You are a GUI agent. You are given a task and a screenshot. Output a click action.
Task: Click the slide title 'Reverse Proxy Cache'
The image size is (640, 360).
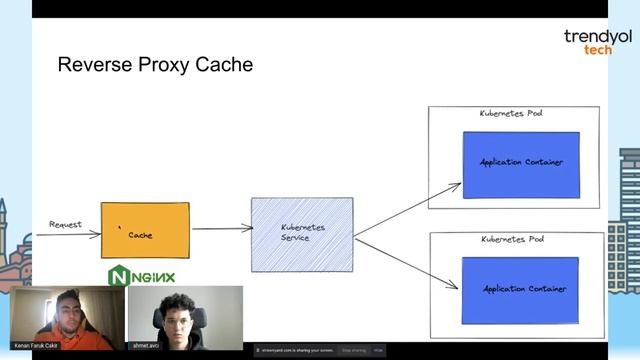pyautogui.click(x=155, y=66)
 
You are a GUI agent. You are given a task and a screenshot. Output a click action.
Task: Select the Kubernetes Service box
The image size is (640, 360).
pyautogui.click(x=301, y=233)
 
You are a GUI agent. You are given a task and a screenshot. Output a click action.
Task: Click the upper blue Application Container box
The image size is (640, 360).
pyautogui.click(x=521, y=163)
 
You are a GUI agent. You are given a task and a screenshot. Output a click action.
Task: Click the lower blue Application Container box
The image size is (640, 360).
pyautogui.click(x=521, y=289)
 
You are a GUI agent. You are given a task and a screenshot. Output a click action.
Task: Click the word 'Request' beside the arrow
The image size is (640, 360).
pyautogui.click(x=66, y=225)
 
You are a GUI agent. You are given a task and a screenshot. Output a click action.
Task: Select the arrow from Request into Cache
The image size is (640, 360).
pyautogui.click(x=75, y=235)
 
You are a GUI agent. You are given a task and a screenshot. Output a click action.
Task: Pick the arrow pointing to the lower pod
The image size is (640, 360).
pyautogui.click(x=405, y=262)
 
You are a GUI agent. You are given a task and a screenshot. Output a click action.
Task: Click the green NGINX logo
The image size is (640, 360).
pyautogui.click(x=142, y=277)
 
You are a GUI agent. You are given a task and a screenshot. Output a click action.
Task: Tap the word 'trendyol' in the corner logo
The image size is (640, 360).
pyautogui.click(x=598, y=37)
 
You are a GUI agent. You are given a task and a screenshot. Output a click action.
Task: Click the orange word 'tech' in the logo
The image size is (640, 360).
pyautogui.click(x=598, y=49)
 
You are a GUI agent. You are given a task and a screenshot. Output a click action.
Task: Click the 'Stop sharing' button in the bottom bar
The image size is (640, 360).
pyautogui.click(x=354, y=350)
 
